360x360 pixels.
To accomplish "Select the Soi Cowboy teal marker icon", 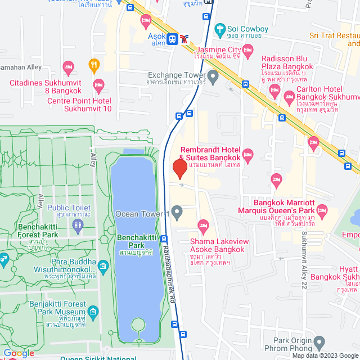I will point(220,28).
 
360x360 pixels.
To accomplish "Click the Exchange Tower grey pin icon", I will point(213,75).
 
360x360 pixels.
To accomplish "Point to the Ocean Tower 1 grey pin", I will point(177,213).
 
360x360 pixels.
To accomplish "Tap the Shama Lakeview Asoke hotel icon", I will point(204,227).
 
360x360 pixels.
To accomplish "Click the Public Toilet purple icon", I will point(78,225).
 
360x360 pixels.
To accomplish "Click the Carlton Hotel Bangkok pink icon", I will point(290,96).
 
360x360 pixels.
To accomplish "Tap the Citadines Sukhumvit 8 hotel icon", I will point(69,67).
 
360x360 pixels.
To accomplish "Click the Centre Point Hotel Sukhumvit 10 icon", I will point(98,86).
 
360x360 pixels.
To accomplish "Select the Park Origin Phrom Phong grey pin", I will point(319,341).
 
